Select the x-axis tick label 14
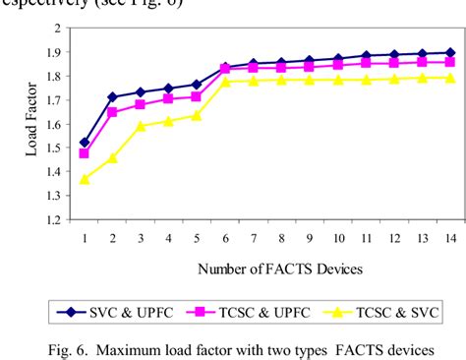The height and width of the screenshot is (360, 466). pyautogui.click(x=450, y=238)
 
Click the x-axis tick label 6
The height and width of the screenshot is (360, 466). pyautogui.click(x=226, y=238)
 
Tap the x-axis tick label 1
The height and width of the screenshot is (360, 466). pyautogui.click(x=85, y=238)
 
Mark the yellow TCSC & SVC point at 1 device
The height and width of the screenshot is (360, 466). pyautogui.click(x=85, y=178)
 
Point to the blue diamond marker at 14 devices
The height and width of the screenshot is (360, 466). pyautogui.click(x=450, y=52)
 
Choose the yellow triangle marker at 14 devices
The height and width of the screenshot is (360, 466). pyautogui.click(x=450, y=77)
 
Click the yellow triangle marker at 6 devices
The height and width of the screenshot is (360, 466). pyautogui.click(x=226, y=81)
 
